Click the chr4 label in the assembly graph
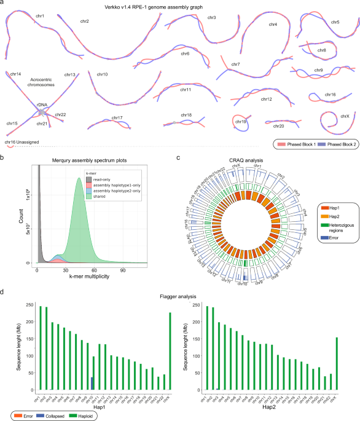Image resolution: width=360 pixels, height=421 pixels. (x=272, y=25)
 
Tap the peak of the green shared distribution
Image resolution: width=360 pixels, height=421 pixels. (x=79, y=179)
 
